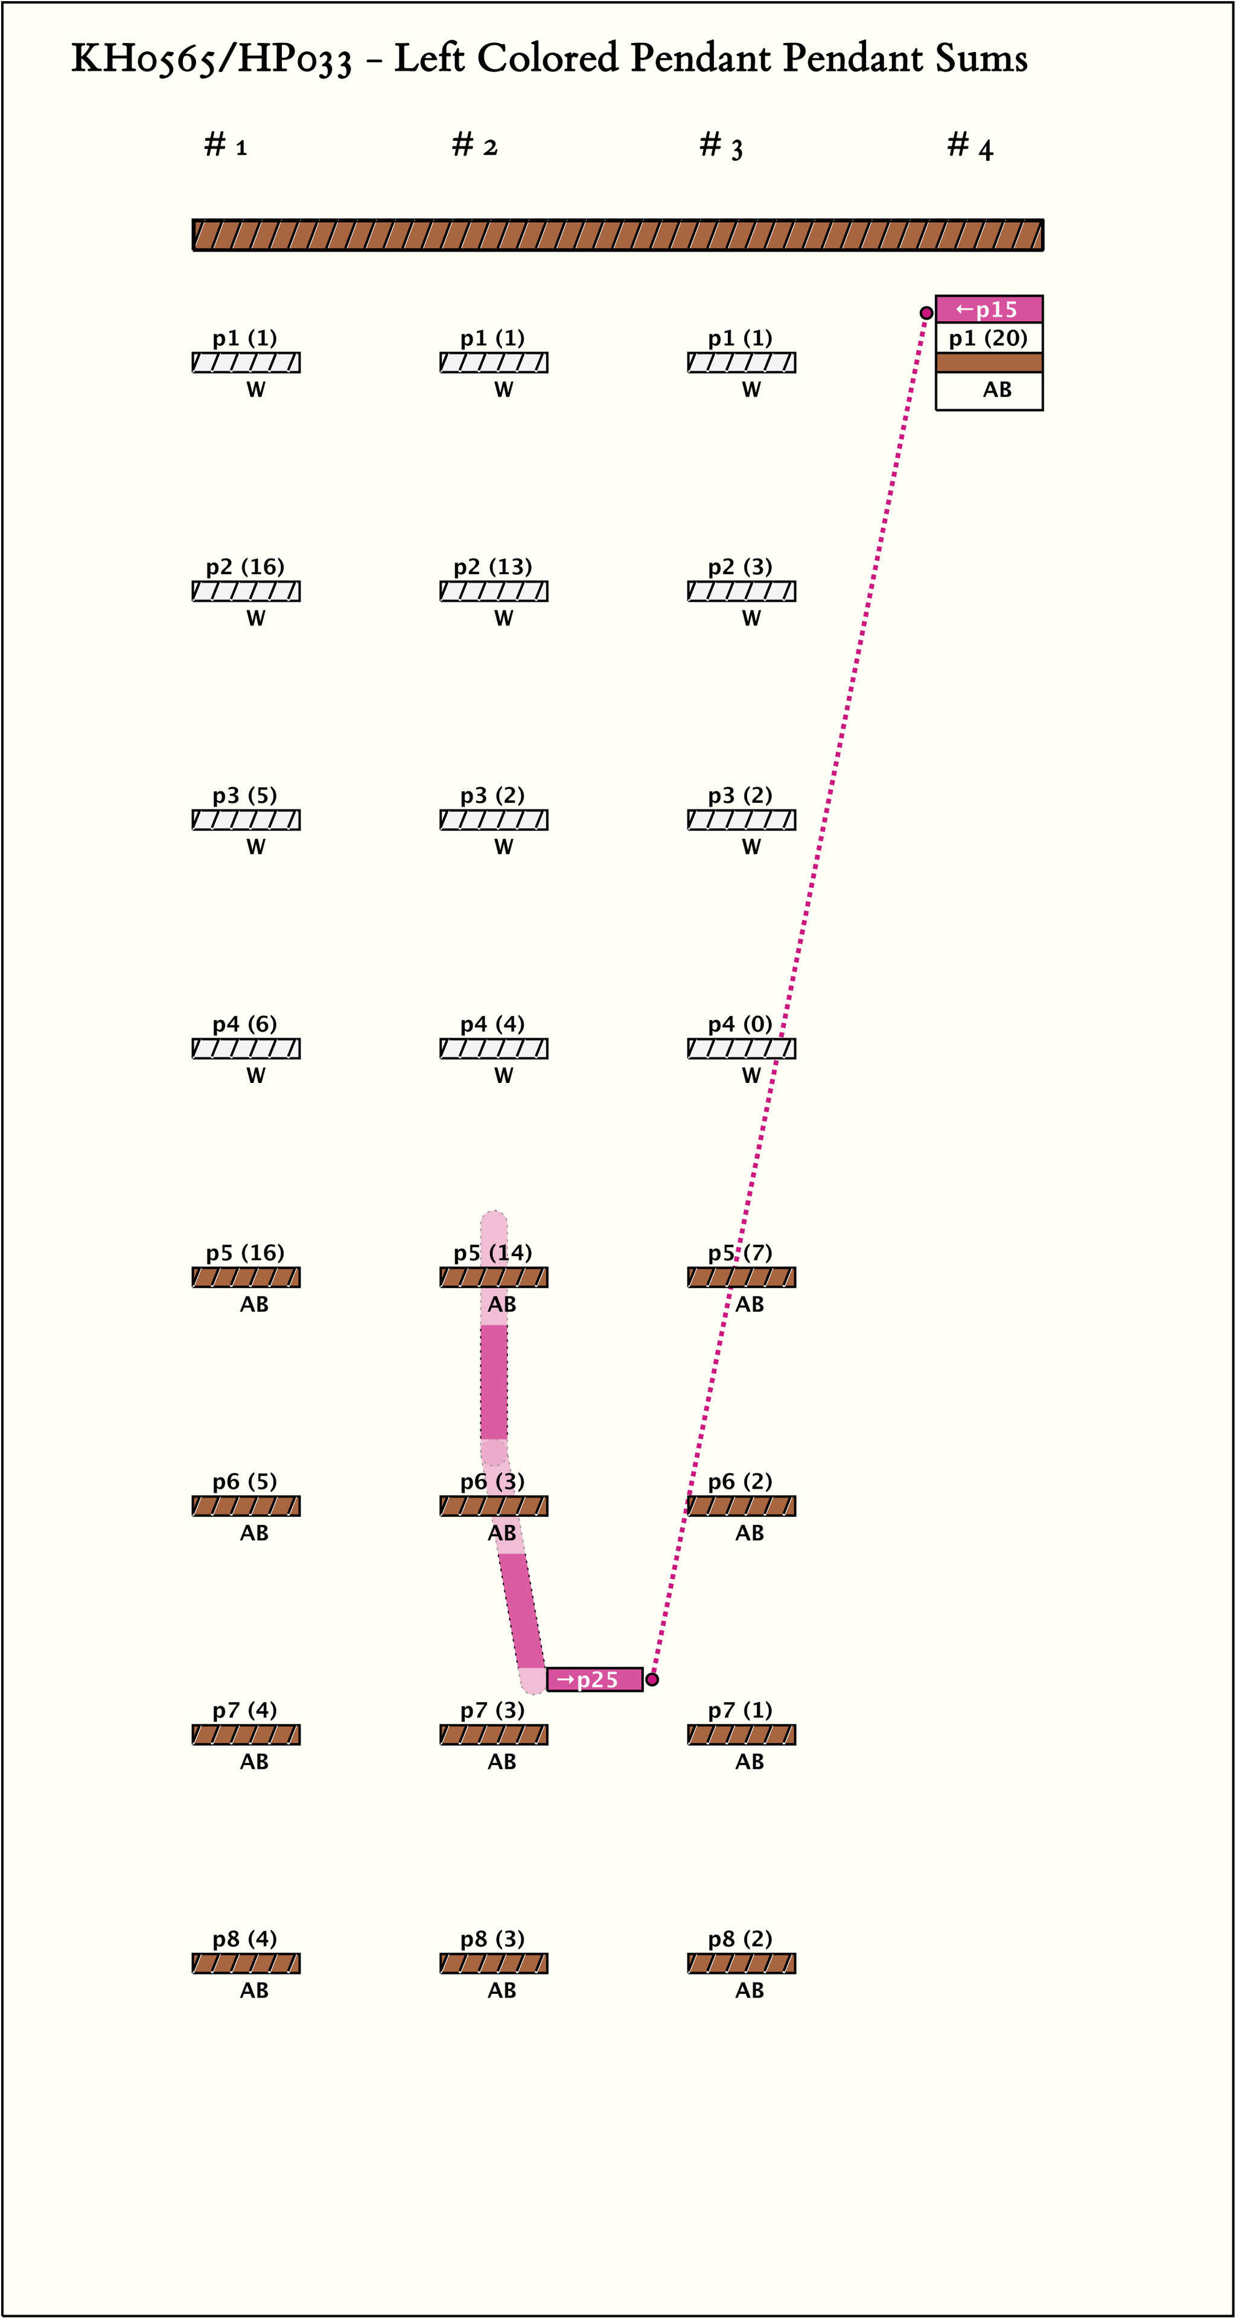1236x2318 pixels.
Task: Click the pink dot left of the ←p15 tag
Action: tap(926, 313)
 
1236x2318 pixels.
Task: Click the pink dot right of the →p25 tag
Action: tap(652, 1679)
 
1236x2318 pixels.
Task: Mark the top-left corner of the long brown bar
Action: tap(193, 220)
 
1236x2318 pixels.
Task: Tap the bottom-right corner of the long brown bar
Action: tap(1043, 250)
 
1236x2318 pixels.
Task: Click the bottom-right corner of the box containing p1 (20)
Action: tap(1043, 410)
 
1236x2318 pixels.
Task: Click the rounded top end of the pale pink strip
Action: tap(494, 1213)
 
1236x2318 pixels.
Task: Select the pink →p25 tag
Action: tap(594, 1679)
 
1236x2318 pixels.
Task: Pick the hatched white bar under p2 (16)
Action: tap(246, 591)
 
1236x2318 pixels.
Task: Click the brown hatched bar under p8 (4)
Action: tap(246, 1962)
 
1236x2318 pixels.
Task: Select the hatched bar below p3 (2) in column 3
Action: tap(741, 820)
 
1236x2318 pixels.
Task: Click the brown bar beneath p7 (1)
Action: tap(741, 1734)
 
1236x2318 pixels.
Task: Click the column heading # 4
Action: tap(970, 145)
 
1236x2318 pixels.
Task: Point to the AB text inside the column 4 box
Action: tap(997, 389)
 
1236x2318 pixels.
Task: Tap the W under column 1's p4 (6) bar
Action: tap(255, 1075)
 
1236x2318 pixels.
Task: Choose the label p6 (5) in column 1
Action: tap(244, 1481)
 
